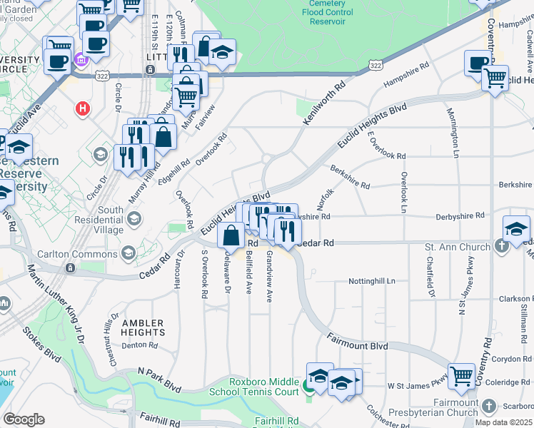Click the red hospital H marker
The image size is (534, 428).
point(84,109)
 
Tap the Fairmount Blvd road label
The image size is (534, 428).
point(358,346)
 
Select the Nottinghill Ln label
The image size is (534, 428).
point(371,281)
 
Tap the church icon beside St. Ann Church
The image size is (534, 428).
point(502,247)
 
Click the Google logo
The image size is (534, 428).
point(24,419)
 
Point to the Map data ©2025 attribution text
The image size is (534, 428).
point(503,422)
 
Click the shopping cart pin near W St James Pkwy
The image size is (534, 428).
point(462,374)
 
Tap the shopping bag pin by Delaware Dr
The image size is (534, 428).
point(232,235)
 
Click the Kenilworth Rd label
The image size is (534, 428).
point(323,104)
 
